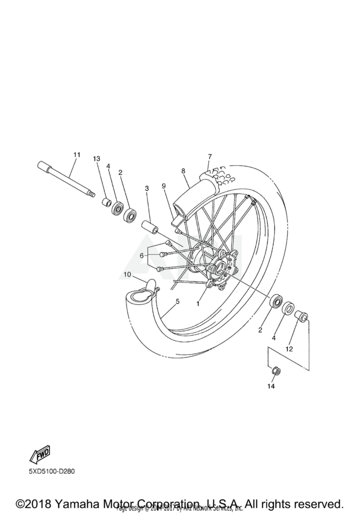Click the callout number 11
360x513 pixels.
pyautogui.click(x=77, y=155)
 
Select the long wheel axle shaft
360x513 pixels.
pyautogui.click(x=65, y=178)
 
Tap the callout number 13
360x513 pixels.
pyautogui.click(x=96, y=158)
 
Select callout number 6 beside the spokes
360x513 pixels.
pyautogui.click(x=142, y=256)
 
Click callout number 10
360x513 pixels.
pyautogui.click(x=128, y=275)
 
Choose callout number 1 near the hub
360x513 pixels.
pyautogui.click(x=198, y=304)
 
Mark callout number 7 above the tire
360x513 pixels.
pyautogui.click(x=210, y=156)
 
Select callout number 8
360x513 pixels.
pyautogui.click(x=183, y=170)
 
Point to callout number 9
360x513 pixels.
pyautogui.click(x=163, y=185)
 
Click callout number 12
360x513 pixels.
pyautogui.click(x=289, y=348)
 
